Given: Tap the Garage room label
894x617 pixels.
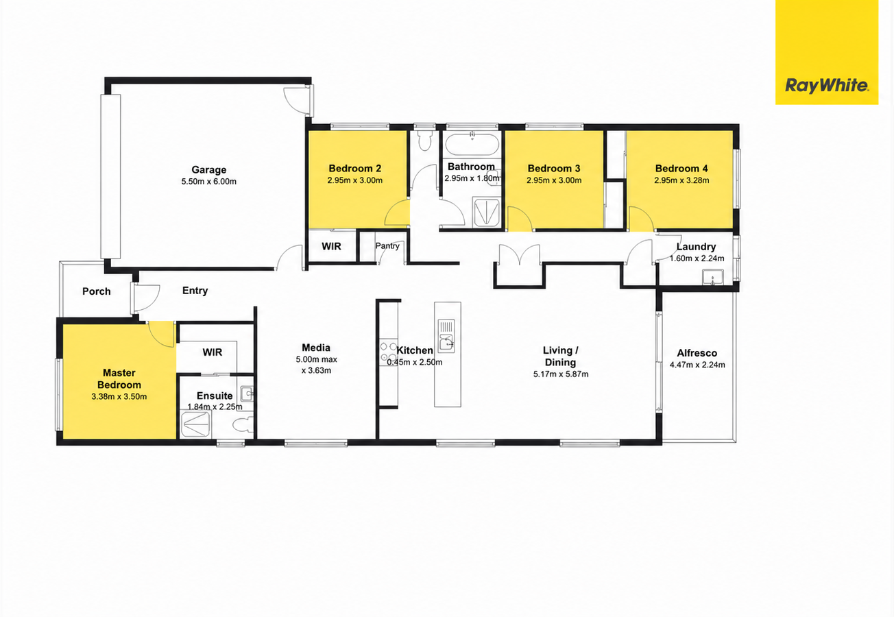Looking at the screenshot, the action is pyautogui.click(x=208, y=169).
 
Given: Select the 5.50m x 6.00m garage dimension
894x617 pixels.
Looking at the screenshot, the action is pyautogui.click(x=208, y=182).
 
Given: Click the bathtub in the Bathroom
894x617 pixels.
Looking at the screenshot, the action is pyautogui.click(x=472, y=145).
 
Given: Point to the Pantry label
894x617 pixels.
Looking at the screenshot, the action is pyautogui.click(x=387, y=246).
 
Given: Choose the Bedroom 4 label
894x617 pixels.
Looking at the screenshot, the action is pyautogui.click(x=681, y=169).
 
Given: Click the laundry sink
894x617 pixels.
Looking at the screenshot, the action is pyautogui.click(x=712, y=277).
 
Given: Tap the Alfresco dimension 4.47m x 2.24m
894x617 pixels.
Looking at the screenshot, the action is pyautogui.click(x=697, y=365).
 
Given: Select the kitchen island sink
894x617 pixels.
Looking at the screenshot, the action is pyautogui.click(x=446, y=336).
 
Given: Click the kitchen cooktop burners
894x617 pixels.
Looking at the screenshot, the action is pyautogui.click(x=387, y=352).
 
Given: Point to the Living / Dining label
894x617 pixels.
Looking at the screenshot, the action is pyautogui.click(x=560, y=356).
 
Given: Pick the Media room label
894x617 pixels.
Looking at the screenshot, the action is pyautogui.click(x=316, y=348).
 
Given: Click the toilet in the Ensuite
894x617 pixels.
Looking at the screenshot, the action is pyautogui.click(x=243, y=425).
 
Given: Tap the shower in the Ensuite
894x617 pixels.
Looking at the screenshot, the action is pyautogui.click(x=195, y=424).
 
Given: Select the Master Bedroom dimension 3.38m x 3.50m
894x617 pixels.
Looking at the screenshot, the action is pyautogui.click(x=119, y=397).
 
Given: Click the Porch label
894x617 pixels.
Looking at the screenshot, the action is pyautogui.click(x=96, y=291).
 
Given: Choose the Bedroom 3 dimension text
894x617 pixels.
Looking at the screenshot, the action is pyautogui.click(x=553, y=180).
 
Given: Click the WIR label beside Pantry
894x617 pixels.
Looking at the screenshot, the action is pyautogui.click(x=331, y=246).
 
